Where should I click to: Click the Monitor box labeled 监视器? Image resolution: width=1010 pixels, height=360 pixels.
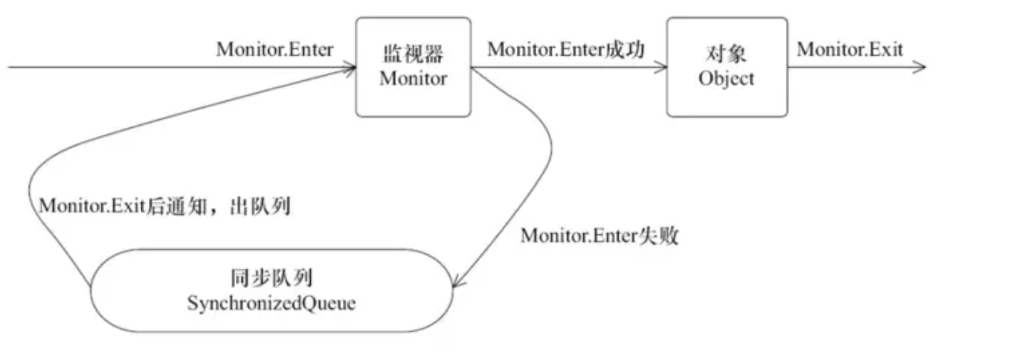pyautogui.click(x=414, y=67)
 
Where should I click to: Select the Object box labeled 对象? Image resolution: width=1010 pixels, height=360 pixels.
pyautogui.click(x=726, y=67)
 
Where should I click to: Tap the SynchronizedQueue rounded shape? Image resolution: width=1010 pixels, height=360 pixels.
pyautogui.click(x=271, y=290)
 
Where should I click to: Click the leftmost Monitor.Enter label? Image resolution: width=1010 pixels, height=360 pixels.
pyautogui.click(x=275, y=49)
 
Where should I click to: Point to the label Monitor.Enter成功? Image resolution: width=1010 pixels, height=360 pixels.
pyautogui.click(x=565, y=49)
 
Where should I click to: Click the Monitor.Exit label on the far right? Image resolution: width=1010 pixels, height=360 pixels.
pyautogui.click(x=850, y=49)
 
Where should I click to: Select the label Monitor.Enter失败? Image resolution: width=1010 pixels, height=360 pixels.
pyautogui.click(x=599, y=237)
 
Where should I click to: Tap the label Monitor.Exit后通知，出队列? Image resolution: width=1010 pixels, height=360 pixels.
pyautogui.click(x=164, y=206)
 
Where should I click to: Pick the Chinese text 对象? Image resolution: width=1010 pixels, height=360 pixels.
pyautogui.click(x=726, y=55)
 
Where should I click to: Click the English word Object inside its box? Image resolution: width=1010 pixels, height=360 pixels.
pyautogui.click(x=726, y=78)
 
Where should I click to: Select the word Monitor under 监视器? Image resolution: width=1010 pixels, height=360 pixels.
pyautogui.click(x=414, y=78)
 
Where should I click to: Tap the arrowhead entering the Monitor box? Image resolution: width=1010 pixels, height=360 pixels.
pyautogui.click(x=350, y=68)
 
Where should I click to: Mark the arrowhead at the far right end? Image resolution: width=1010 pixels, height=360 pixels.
pyautogui.click(x=920, y=67)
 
